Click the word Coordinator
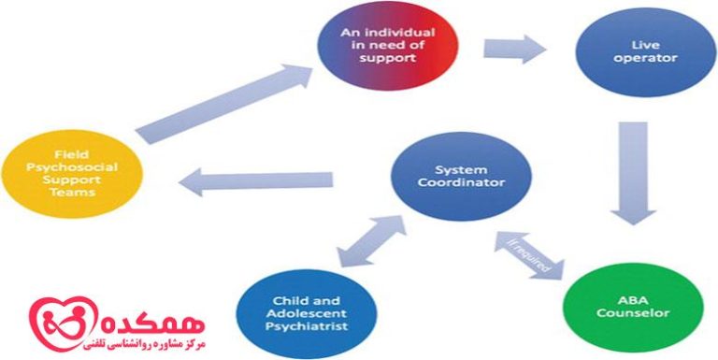(x=460, y=184)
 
